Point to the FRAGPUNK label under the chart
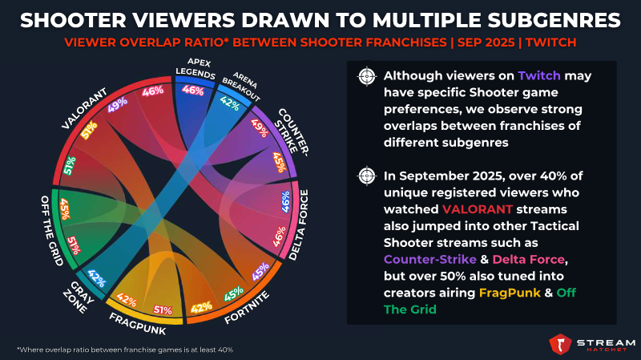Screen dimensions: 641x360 [138, 324]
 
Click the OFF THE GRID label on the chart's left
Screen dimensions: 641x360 [52, 231]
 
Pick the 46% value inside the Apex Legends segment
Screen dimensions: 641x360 [193, 90]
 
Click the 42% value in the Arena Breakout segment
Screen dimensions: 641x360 [229, 103]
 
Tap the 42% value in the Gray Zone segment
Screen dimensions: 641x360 [97, 278]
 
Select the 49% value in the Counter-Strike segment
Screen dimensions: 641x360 [260, 128]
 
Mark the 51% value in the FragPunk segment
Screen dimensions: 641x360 [163, 310]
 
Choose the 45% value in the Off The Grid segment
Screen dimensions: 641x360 [65, 209]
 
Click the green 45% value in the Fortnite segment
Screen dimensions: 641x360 [234, 293]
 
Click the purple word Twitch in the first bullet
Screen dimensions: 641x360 [539, 76]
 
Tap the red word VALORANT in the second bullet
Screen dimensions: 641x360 [477, 209]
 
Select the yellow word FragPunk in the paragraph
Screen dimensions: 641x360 [510, 293]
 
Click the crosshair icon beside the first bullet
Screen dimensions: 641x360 [367, 76]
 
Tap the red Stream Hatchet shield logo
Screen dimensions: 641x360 [560, 344]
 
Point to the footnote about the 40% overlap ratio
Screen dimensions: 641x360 [125, 350]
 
